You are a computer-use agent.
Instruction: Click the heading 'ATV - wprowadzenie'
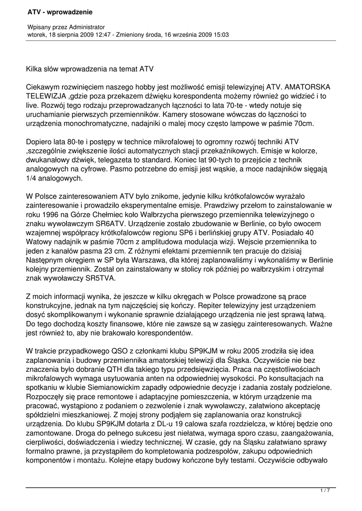tap(60, 11)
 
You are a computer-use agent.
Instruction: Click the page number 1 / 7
tap(325, 491)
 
